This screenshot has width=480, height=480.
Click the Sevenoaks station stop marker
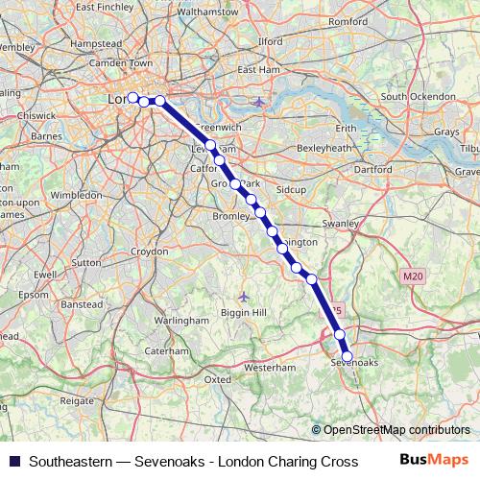tap(348, 356)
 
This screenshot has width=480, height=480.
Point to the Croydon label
tap(149, 251)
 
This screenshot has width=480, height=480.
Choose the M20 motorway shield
tap(413, 276)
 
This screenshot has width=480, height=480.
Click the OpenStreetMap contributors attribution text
tap(396, 430)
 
